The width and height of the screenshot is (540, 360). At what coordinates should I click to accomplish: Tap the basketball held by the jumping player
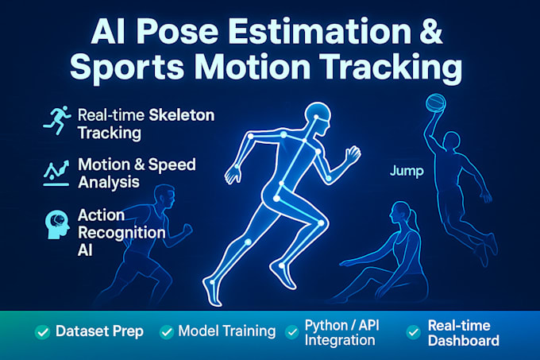click(x=436, y=103)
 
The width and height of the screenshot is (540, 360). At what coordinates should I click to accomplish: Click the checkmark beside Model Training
click(x=167, y=331)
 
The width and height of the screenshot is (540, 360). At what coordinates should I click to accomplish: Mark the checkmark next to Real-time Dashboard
click(x=413, y=331)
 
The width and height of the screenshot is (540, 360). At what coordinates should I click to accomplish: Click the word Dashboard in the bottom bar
click(x=464, y=340)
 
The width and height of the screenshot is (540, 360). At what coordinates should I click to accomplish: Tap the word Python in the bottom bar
click(x=325, y=323)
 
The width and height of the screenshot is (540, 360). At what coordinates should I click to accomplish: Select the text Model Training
click(x=227, y=331)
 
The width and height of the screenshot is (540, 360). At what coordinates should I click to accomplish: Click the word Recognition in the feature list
click(x=121, y=232)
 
